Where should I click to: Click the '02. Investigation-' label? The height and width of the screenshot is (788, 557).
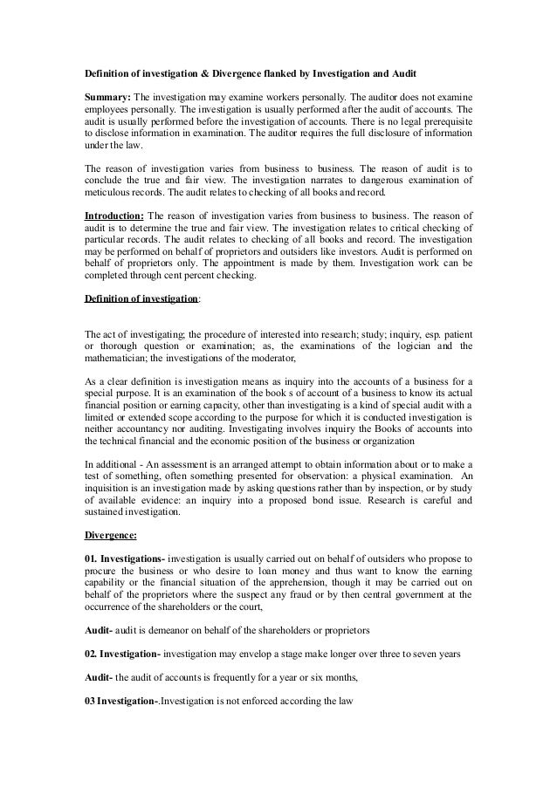(121, 654)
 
